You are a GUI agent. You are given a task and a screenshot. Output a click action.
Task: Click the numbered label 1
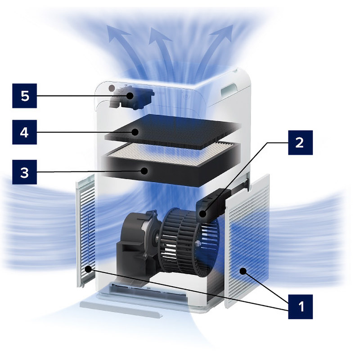point(300,307)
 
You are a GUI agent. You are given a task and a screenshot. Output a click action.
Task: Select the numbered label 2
point(300,143)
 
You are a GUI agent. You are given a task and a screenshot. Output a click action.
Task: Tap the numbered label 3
point(25,172)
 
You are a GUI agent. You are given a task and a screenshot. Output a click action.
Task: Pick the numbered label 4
point(25,132)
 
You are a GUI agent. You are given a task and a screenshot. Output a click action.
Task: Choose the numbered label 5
point(25,96)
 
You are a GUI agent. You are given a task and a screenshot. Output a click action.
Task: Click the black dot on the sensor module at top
point(130,96)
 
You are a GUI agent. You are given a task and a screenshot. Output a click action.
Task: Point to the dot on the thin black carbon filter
point(135,132)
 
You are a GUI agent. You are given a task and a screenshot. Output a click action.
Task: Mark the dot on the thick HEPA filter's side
point(144,171)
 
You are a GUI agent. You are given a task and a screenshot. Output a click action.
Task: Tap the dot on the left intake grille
point(88,269)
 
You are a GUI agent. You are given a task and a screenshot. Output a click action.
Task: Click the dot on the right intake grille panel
point(243,271)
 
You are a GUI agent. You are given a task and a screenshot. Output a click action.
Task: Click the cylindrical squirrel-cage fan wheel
point(189,242)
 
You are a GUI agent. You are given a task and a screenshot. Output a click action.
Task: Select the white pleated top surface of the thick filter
point(171,154)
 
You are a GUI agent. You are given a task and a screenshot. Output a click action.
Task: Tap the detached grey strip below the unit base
point(121,310)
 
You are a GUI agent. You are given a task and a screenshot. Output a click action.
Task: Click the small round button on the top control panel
point(112,88)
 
